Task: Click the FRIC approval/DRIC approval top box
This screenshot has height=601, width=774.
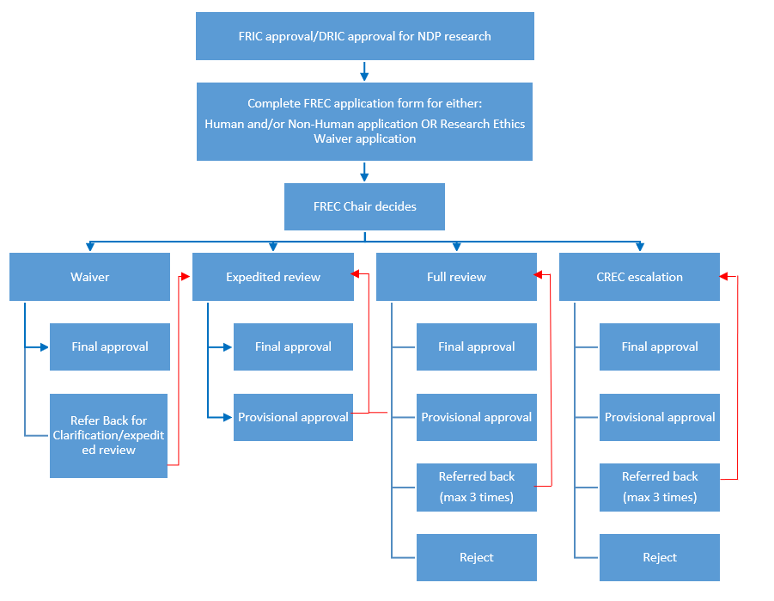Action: (x=365, y=36)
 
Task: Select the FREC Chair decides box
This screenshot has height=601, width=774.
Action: (x=364, y=206)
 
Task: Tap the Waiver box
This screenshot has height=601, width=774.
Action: (x=90, y=277)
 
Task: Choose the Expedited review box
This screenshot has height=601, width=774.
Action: (x=273, y=277)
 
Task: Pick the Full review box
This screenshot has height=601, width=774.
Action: (x=457, y=277)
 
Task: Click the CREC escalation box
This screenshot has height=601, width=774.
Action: (x=639, y=277)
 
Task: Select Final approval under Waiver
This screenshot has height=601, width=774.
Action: (x=110, y=347)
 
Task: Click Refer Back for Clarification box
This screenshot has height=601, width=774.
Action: (x=108, y=435)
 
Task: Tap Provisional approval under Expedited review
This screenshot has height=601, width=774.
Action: (x=293, y=417)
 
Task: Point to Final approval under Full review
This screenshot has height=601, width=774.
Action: (x=477, y=347)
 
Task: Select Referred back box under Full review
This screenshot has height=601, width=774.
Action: (x=477, y=488)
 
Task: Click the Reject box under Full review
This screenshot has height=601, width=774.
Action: (x=477, y=557)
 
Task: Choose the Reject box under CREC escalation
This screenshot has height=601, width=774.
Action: (x=660, y=557)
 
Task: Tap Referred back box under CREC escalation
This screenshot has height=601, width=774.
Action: (x=660, y=488)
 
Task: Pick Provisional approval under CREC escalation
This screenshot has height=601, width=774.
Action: (x=660, y=417)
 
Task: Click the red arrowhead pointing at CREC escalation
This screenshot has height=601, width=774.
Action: (x=724, y=276)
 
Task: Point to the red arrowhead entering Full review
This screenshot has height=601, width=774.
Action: (x=539, y=274)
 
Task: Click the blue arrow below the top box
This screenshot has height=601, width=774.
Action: (x=364, y=71)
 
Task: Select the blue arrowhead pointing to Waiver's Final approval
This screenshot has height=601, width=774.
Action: (x=45, y=347)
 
